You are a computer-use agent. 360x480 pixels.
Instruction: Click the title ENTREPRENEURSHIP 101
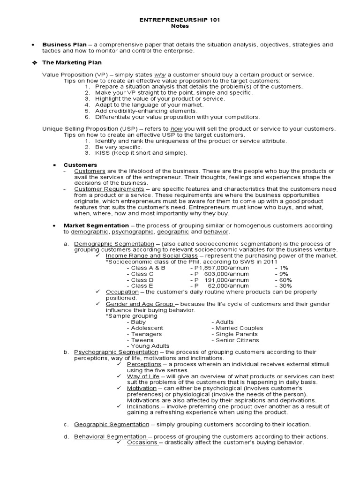tap(180, 20)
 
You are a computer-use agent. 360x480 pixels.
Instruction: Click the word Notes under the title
tap(180, 26)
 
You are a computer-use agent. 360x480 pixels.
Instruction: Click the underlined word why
tap(161, 75)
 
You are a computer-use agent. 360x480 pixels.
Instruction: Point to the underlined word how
tap(176, 129)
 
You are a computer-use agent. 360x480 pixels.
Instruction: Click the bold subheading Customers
tap(80, 165)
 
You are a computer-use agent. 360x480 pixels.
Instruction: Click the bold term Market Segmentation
tap(96, 226)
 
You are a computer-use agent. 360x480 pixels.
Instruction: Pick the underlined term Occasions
tap(142, 442)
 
